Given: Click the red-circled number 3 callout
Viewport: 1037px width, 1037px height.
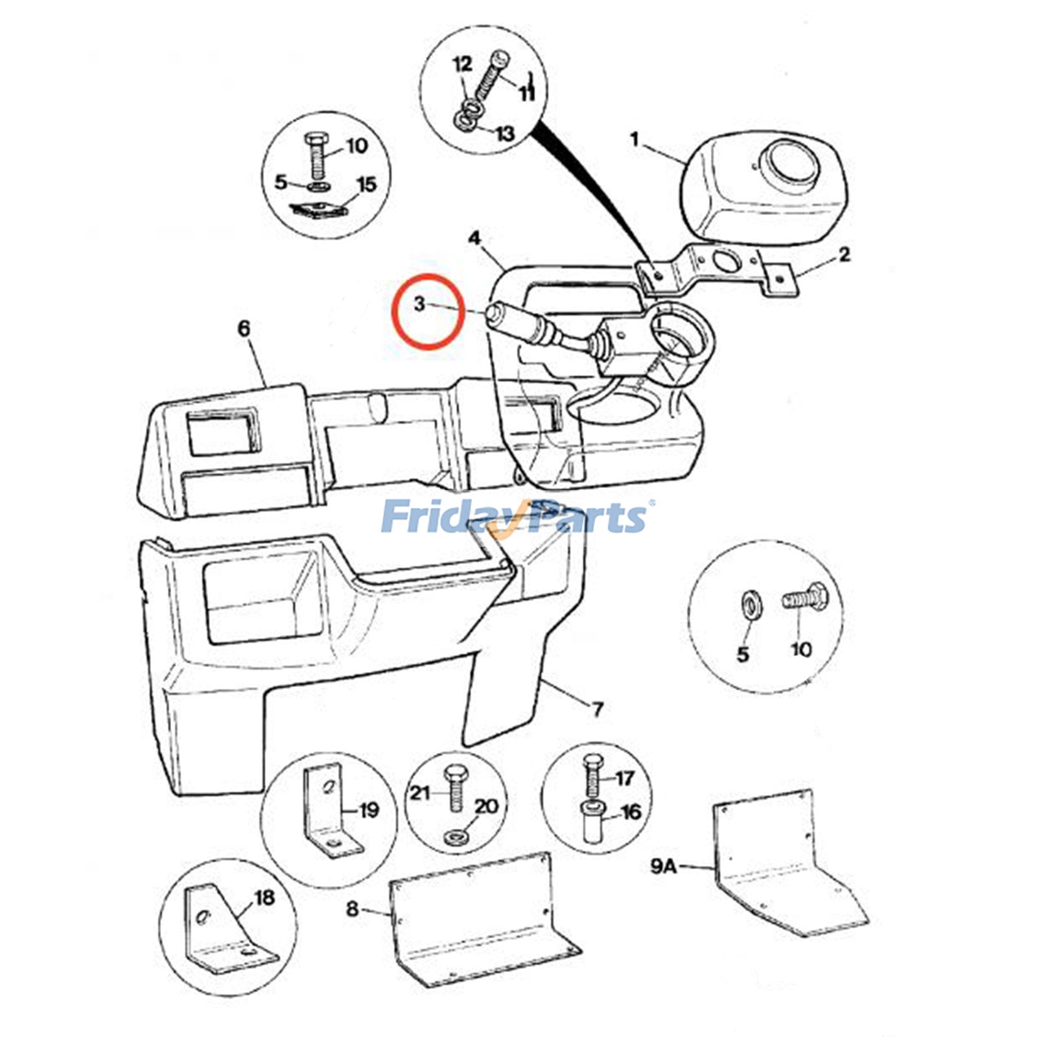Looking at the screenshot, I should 420,303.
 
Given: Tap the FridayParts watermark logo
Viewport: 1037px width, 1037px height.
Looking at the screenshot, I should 515,517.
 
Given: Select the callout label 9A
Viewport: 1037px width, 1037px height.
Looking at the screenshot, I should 663,867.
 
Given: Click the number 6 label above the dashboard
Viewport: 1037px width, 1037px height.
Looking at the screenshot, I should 244,329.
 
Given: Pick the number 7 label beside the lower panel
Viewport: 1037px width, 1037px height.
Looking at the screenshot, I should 598,708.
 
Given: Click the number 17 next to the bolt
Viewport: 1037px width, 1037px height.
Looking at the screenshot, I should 624,778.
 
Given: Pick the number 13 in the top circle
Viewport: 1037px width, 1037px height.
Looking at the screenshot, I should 504,134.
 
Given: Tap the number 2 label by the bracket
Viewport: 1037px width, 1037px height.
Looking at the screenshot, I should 844,255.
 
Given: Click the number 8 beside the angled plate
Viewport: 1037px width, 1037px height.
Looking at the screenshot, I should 352,909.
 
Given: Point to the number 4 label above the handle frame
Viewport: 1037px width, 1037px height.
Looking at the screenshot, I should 475,239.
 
